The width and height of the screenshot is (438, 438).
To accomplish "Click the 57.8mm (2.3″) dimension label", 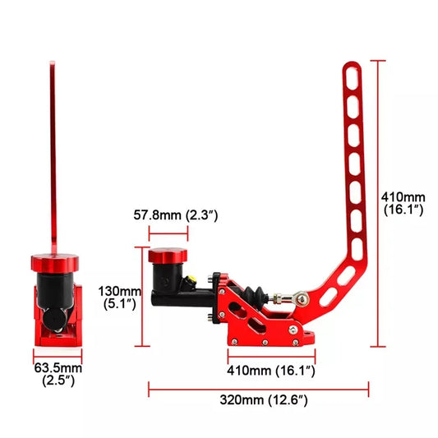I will [178, 216].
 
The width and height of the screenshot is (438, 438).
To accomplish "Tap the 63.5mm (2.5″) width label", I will [58, 373].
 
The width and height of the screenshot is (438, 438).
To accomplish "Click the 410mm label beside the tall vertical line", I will [403, 203].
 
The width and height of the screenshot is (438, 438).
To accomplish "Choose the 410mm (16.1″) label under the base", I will [271, 371].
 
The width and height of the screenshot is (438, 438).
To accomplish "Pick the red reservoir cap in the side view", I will [167, 257].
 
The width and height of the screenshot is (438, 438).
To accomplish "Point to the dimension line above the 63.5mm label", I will [56, 354].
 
